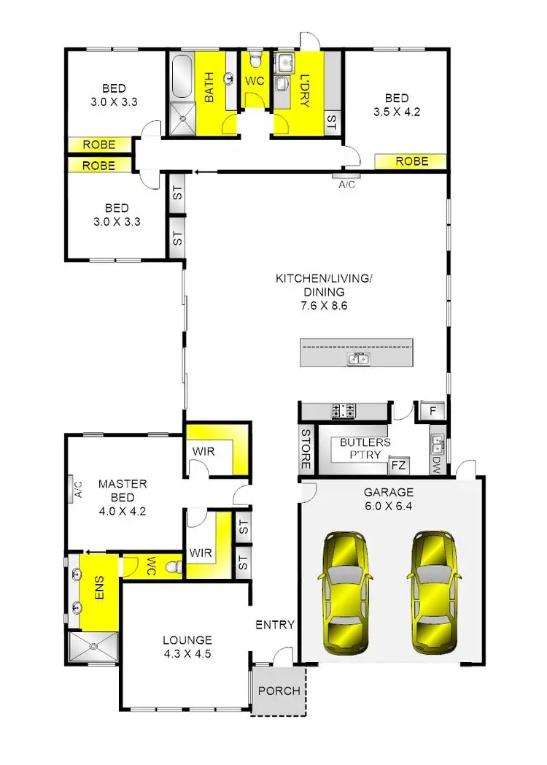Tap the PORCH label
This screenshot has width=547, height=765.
pyautogui.click(x=279, y=691)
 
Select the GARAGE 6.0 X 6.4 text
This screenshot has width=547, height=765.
pyautogui.click(x=389, y=499)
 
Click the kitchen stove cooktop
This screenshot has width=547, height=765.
pyautogui.click(x=343, y=412)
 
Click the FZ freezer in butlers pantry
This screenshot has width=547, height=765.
pyautogui.click(x=398, y=464)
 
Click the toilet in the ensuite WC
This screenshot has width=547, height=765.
pyautogui.click(x=172, y=566)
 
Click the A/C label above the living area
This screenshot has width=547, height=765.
pyautogui.click(x=346, y=184)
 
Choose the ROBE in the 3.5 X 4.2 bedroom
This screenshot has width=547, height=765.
pyautogui.click(x=411, y=161)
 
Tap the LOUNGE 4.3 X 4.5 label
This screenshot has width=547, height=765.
pyautogui.click(x=187, y=647)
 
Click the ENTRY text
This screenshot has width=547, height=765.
pyautogui.click(x=275, y=625)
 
